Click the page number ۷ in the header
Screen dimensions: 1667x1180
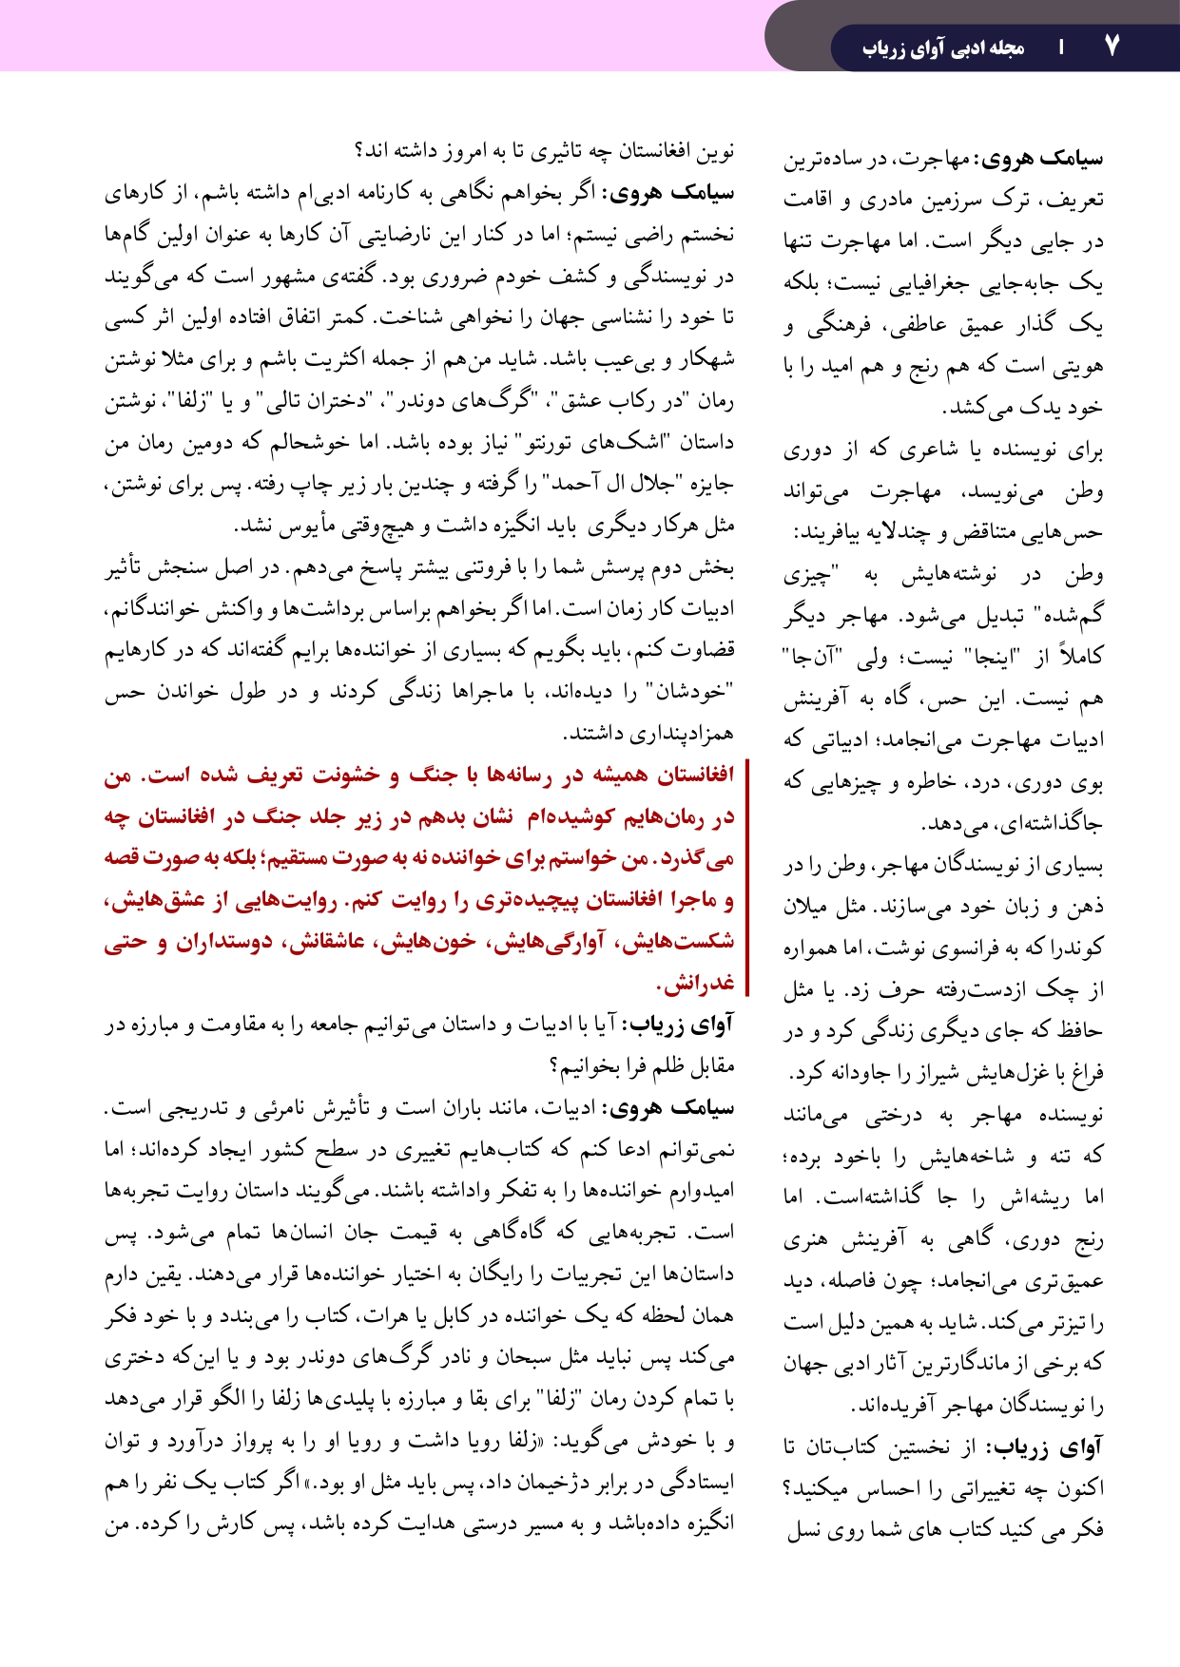click(x=1112, y=46)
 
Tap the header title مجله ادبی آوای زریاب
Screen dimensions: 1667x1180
click(x=943, y=48)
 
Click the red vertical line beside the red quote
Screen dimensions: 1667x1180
click(x=748, y=876)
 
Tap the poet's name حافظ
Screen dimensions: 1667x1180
click(x=1081, y=1031)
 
